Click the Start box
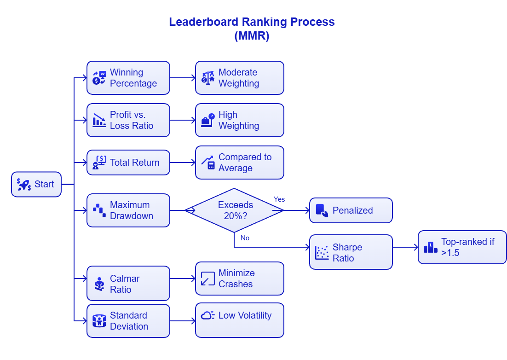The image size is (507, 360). tap(36, 184)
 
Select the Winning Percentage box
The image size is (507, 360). tap(128, 78)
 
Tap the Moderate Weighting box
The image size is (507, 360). tap(239, 78)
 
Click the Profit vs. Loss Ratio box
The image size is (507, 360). tap(128, 120)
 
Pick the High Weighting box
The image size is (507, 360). tap(239, 120)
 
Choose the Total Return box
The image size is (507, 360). tap(128, 163)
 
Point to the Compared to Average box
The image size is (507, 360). tap(239, 163)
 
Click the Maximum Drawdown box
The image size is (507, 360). tap(128, 210)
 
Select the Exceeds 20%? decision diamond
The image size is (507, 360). tap(235, 210)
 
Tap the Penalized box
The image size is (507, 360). tap(351, 210)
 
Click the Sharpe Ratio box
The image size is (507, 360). tap(351, 252)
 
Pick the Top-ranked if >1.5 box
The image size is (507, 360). tap(462, 247)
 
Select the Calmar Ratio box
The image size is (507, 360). tap(128, 284)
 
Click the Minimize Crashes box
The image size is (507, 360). tap(239, 279)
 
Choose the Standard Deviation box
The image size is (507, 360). tap(128, 321)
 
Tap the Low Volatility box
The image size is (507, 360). tap(239, 320)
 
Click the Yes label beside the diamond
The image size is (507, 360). tap(279, 199)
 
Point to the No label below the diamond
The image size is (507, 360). tap(245, 238)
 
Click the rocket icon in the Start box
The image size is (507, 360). tap(24, 185)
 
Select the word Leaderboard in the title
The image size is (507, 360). tap(204, 22)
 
